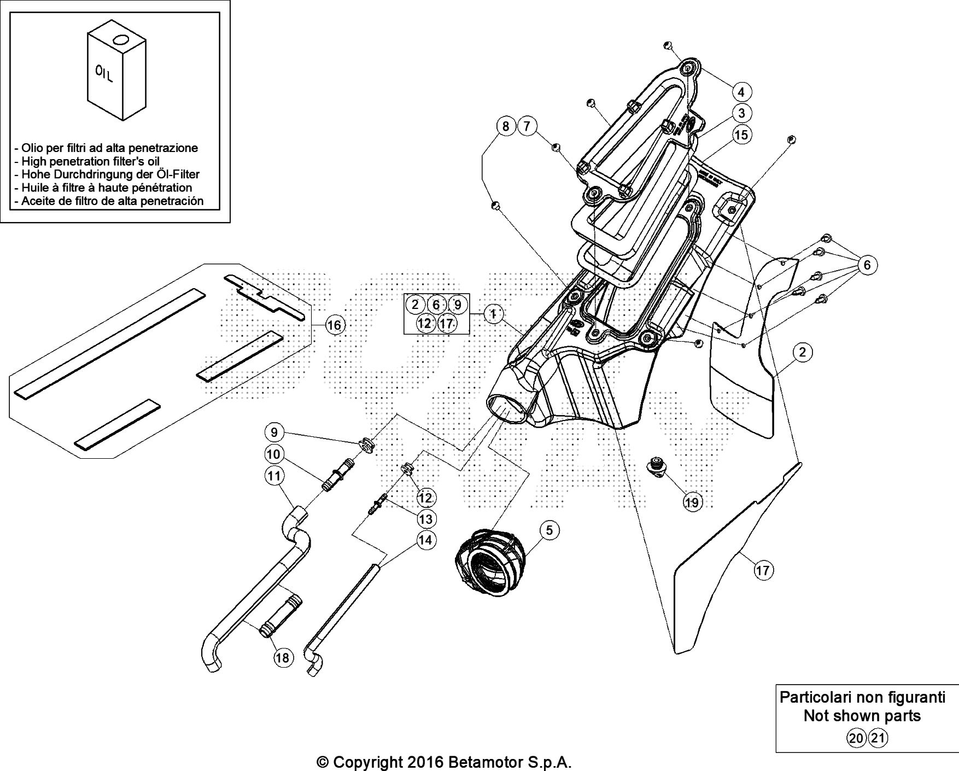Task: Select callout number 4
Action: pyautogui.click(x=741, y=91)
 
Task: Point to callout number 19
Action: pyautogui.click(x=692, y=502)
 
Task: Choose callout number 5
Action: pyautogui.click(x=549, y=529)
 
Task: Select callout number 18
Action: pyautogui.click(x=283, y=657)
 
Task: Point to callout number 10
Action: pyautogui.click(x=274, y=454)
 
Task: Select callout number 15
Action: pyautogui.click(x=741, y=135)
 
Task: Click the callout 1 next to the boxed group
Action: pyautogui.click(x=493, y=314)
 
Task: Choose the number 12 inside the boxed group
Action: pyautogui.click(x=424, y=323)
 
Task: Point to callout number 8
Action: pyautogui.click(x=506, y=127)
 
